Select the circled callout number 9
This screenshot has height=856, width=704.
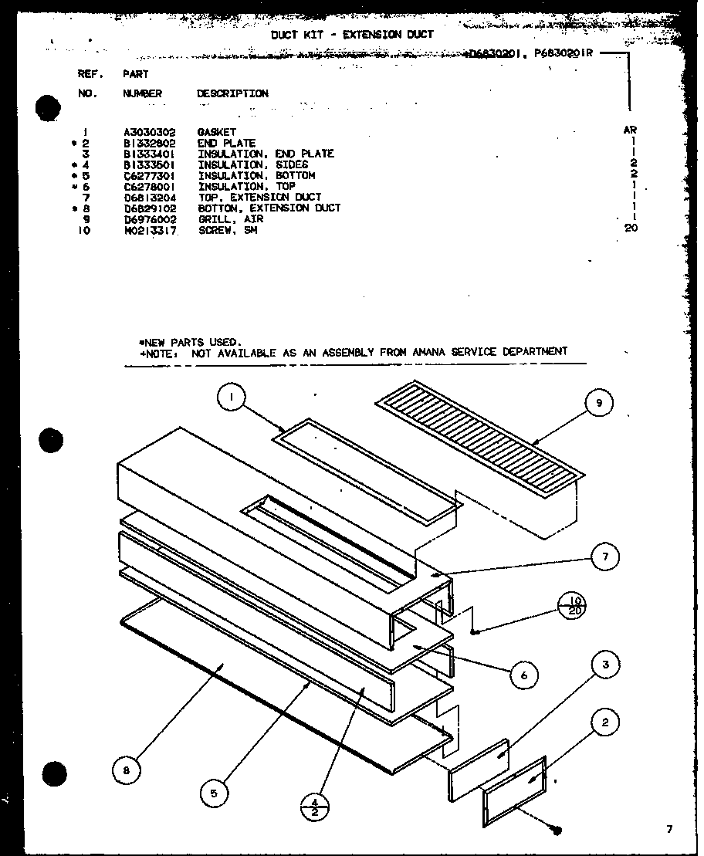[599, 402]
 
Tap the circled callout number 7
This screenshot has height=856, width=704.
[604, 557]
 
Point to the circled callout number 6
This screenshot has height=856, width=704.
[524, 675]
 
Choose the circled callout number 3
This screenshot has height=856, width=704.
[606, 664]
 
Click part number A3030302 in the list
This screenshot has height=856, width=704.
[149, 132]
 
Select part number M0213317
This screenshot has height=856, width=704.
[149, 230]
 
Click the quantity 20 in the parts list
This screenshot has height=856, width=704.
[631, 228]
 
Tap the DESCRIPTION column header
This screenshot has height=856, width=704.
[232, 93]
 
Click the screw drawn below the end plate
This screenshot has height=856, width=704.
[557, 831]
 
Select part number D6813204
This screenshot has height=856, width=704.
[149, 198]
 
